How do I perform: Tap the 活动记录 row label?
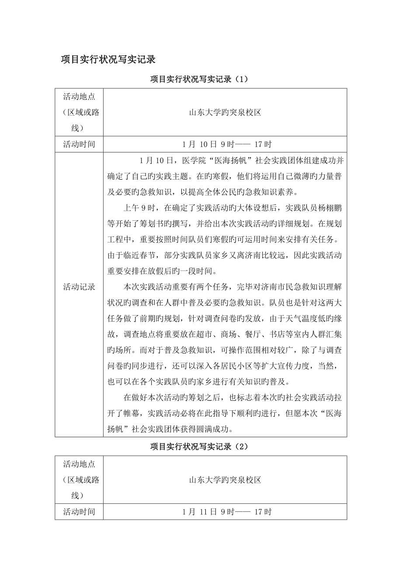click(x=79, y=287)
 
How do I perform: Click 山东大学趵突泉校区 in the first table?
click(x=225, y=112)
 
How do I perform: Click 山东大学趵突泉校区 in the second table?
click(x=225, y=480)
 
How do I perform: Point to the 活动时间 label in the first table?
click(x=79, y=144)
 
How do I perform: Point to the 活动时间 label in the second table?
click(x=79, y=511)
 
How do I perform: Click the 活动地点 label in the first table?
click(x=79, y=97)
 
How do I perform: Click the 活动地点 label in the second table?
click(x=79, y=464)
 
